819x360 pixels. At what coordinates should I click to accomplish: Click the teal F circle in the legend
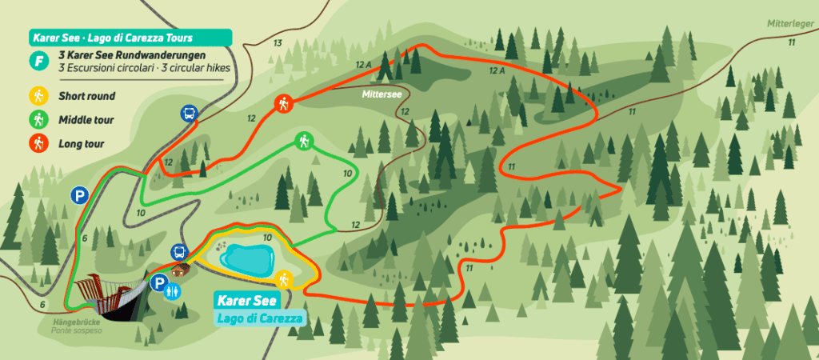tap(37, 61)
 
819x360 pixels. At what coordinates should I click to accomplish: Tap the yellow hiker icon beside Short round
tap(37, 97)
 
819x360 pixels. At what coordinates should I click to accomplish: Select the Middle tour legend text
tap(86, 121)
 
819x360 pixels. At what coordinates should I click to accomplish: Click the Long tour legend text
tap(81, 145)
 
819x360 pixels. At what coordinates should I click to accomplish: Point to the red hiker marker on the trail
tap(283, 103)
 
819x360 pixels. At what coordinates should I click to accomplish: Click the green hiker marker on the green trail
tap(303, 141)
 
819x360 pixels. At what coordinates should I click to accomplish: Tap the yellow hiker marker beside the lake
tap(284, 279)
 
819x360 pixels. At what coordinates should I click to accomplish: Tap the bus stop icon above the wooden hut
tap(179, 253)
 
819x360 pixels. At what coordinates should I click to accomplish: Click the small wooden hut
tap(182, 270)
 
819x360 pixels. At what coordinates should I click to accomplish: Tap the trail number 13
tap(278, 42)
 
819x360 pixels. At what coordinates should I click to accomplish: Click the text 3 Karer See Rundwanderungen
tap(132, 55)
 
